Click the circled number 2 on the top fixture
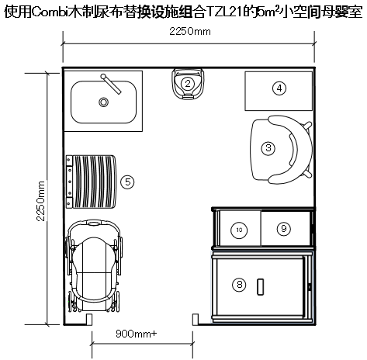click(x=188, y=84)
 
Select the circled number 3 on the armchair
click(x=268, y=148)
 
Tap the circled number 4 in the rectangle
click(x=279, y=88)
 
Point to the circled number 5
click(x=127, y=182)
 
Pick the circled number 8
click(x=239, y=285)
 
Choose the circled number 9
click(x=284, y=229)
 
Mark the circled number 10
click(x=239, y=230)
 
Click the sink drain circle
click(x=103, y=102)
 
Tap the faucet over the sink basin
click(x=111, y=84)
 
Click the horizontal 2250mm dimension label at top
click(x=190, y=32)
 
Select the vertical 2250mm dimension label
click(x=40, y=201)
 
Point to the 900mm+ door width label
click(x=137, y=334)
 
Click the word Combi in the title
click(x=50, y=12)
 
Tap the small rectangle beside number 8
click(x=260, y=287)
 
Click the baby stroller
click(x=94, y=266)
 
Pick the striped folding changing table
click(x=91, y=182)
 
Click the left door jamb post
click(x=88, y=319)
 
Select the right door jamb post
click(x=196, y=319)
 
